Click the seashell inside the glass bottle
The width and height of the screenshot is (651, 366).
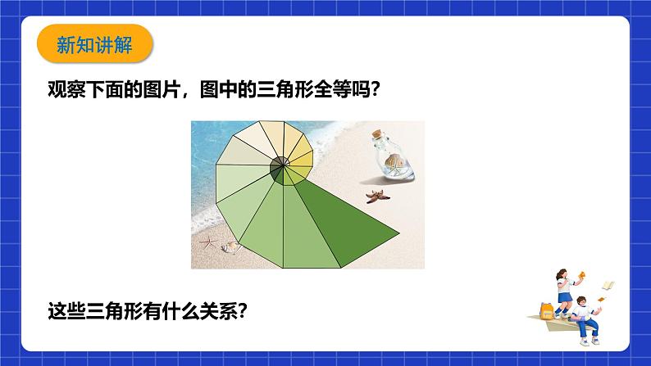[x=394, y=164]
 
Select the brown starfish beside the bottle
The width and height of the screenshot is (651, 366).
[x=378, y=196]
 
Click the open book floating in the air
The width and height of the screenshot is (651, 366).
[x=608, y=285]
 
